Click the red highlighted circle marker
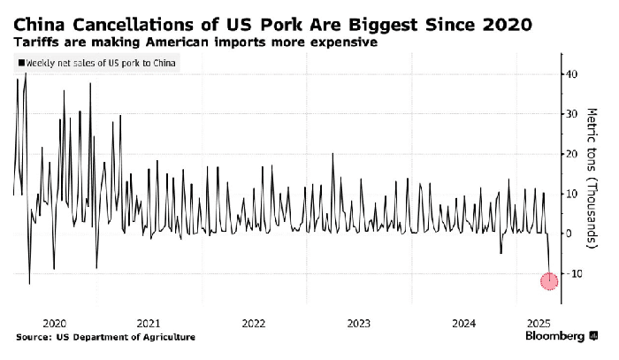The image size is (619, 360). pos(549,281)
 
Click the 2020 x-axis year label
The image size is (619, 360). pos(55,323)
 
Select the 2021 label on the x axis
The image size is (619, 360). pos(149,323)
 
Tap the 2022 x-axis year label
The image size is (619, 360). pos(253,323)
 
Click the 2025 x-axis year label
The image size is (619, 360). pos(533,323)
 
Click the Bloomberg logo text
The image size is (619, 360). pos(555,336)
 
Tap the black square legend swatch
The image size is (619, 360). pos(19,63)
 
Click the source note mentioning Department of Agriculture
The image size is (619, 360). pos(106,337)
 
